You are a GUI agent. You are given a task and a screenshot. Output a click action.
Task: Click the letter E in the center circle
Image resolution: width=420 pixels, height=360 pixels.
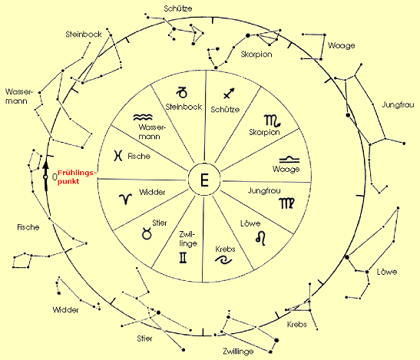point(204,180)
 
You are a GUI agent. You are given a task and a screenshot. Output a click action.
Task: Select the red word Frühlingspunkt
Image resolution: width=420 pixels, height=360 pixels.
point(76,177)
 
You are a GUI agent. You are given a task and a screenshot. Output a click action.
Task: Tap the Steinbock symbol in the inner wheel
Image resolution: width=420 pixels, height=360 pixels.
point(182,92)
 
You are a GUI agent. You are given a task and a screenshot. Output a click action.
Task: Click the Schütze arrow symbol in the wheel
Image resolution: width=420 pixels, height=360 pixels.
point(229,93)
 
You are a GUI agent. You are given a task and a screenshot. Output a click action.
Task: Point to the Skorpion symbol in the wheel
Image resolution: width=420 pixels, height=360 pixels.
point(273,121)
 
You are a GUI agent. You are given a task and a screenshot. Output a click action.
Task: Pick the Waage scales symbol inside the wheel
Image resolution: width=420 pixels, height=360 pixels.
point(289,160)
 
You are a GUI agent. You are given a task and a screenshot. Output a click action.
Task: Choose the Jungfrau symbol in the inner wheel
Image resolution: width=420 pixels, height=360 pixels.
point(287,203)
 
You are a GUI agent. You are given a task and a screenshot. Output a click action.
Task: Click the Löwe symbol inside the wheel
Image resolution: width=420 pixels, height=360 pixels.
point(261,238)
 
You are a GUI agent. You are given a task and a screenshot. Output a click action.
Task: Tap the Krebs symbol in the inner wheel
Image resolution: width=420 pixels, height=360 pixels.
point(223,259)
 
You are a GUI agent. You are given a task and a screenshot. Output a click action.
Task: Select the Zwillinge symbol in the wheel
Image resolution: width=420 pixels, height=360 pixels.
point(183,258)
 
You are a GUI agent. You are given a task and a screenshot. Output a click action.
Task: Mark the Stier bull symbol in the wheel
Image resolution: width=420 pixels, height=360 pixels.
point(147,233)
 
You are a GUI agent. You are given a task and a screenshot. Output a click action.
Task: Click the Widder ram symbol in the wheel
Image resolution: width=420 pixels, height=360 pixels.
point(126,199)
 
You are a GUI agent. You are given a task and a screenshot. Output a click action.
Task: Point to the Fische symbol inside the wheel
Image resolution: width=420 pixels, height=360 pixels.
point(117,156)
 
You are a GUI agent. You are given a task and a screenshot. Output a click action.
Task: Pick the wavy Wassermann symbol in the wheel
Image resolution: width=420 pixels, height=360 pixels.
point(143,117)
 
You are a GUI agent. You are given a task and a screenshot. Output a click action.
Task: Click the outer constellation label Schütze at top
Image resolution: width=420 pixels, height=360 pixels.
point(178,8)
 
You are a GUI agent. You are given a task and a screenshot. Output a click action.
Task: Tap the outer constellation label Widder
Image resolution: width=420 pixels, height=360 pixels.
point(65,310)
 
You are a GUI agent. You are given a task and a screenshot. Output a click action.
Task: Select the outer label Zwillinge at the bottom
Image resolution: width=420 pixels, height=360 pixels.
point(238,351)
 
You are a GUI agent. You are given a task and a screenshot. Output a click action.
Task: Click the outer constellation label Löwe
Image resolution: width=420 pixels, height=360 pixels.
point(387,272)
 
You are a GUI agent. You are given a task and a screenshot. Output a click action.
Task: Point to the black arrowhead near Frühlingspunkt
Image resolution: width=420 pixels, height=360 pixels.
point(46,164)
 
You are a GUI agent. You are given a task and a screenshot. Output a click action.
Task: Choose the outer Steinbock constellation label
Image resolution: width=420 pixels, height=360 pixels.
point(84,35)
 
